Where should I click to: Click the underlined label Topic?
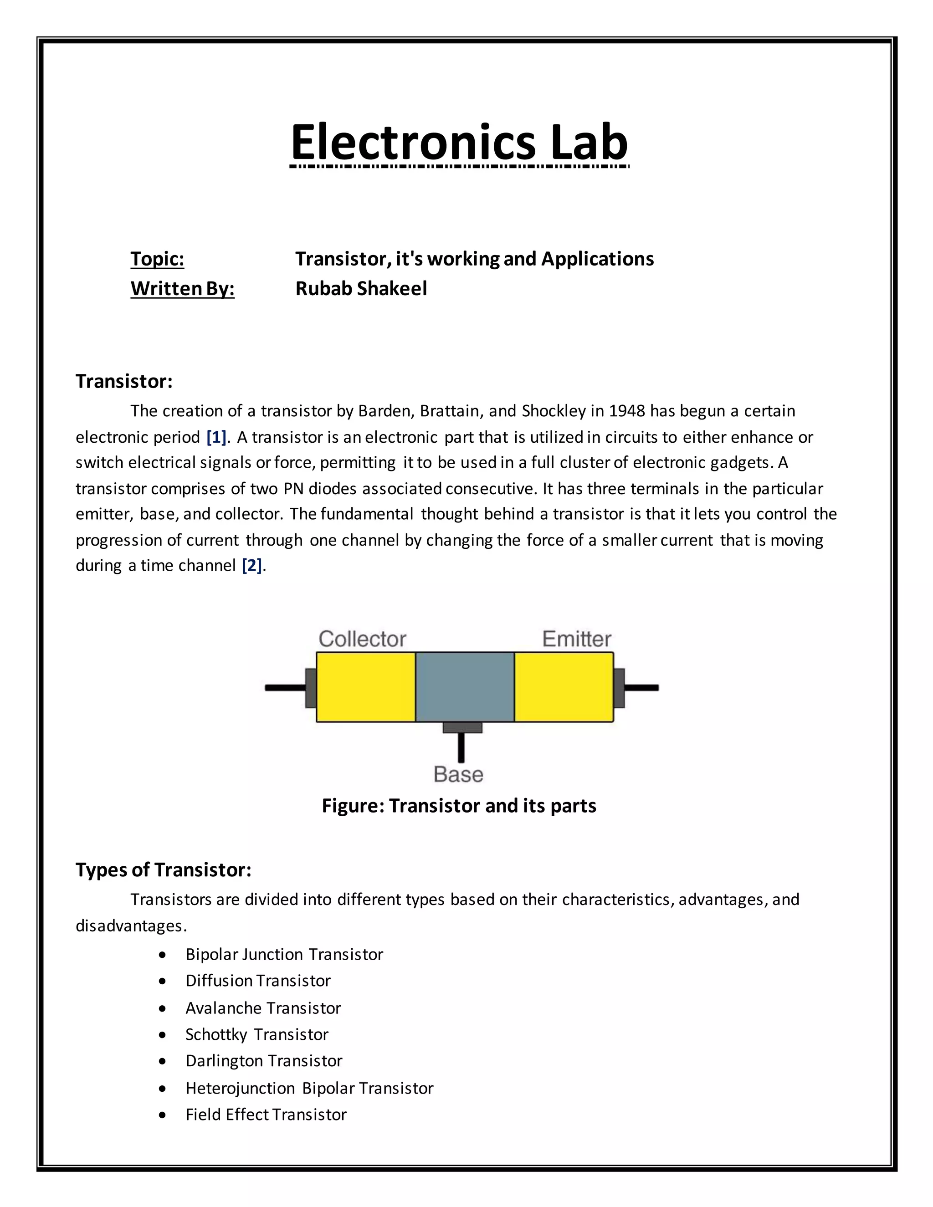157,259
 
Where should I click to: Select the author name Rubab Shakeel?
361,288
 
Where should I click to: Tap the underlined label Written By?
182,288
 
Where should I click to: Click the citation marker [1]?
216,437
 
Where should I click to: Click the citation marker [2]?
251,565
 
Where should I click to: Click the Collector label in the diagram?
362,639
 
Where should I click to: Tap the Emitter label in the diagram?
576,639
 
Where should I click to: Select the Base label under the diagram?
458,774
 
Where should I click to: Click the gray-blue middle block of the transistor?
464,687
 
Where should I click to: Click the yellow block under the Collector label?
365,687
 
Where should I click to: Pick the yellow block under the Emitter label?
563,687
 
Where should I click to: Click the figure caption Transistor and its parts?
459,806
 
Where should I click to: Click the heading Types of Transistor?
164,870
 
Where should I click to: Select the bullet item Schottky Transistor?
256,1034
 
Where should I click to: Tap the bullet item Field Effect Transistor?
266,1115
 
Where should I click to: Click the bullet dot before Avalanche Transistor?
162,1008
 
